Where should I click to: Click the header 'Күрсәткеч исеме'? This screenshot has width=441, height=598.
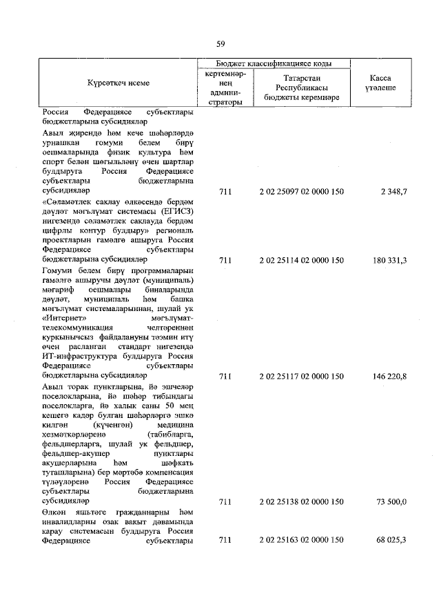pos(118,83)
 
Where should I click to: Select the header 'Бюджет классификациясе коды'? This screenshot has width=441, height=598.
pos(274,63)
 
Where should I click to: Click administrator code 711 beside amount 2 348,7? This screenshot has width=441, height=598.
pos(224,190)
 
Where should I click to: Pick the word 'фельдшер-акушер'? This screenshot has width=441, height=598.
pos(72,453)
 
